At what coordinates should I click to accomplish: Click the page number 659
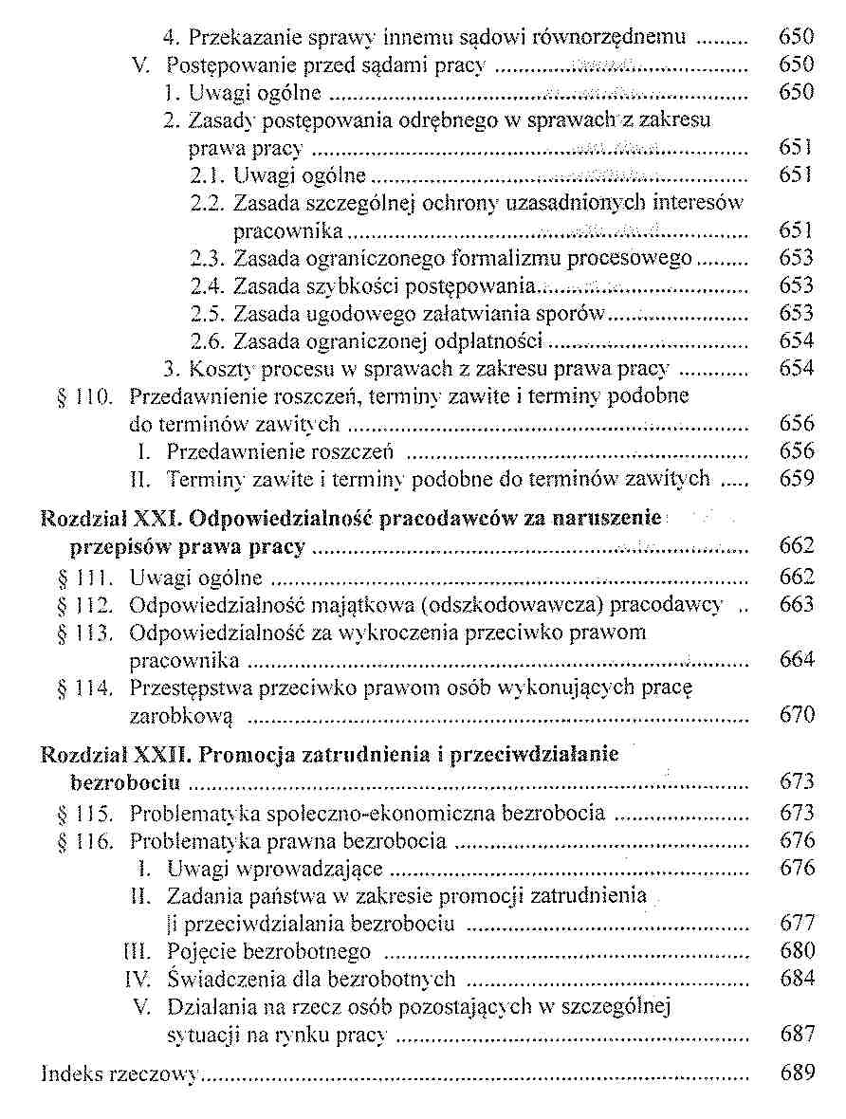point(796,479)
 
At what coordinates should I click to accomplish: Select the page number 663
point(796,604)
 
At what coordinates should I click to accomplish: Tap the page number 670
point(796,714)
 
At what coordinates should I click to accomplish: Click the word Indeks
point(69,1074)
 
